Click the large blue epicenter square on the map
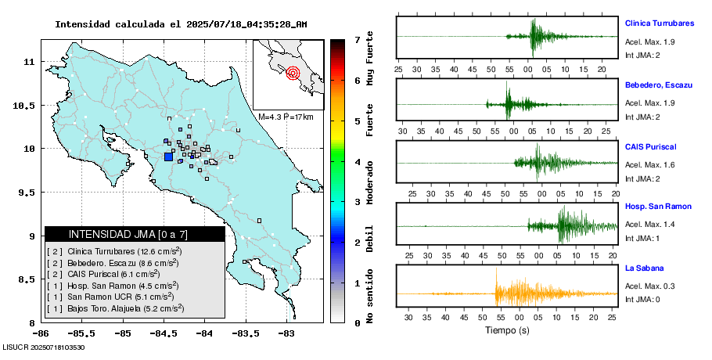pyautogui.click(x=168, y=157)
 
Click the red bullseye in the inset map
pyautogui.click(x=293, y=74)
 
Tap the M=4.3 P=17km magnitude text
pyautogui.click(x=286, y=117)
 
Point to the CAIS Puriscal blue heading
pyautogui.click(x=650, y=146)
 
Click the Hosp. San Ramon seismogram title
pyautogui.click(x=656, y=207)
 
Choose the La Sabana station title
pyautogui.click(x=643, y=268)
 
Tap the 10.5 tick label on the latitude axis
pyautogui.click(x=28, y=106)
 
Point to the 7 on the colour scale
pyautogui.click(x=356, y=39)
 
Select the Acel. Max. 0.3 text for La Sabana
pyautogui.click(x=650, y=286)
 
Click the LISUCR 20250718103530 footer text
pyautogui.click(x=44, y=347)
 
